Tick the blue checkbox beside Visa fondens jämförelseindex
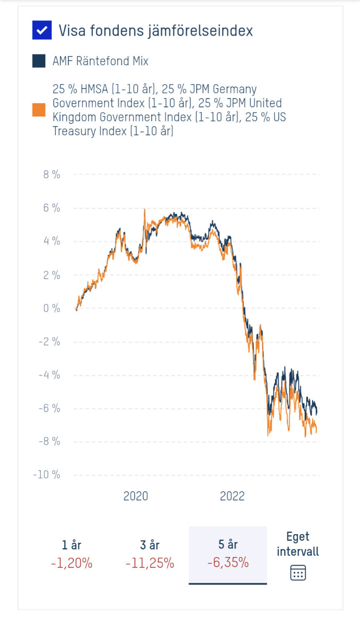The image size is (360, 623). [42, 30]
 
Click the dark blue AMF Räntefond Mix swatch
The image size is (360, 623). [39, 61]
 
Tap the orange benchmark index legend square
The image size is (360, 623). [39, 110]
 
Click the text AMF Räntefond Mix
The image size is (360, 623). [100, 61]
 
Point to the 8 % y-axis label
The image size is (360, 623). [52, 174]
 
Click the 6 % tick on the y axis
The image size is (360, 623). [52, 208]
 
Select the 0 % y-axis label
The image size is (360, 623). [52, 308]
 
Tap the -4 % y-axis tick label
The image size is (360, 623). [50, 375]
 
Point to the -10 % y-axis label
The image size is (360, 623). [47, 475]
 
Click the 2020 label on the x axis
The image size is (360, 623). [136, 496]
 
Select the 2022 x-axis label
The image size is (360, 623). [232, 496]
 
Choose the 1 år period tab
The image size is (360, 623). [72, 545]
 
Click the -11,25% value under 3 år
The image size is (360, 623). [150, 563]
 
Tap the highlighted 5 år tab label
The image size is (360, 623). [228, 544]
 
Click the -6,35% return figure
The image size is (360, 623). [228, 562]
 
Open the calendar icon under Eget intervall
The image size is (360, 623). [298, 573]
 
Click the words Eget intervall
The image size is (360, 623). [298, 544]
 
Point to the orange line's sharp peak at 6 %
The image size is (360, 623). [144, 209]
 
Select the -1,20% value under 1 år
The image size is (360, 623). [72, 563]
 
